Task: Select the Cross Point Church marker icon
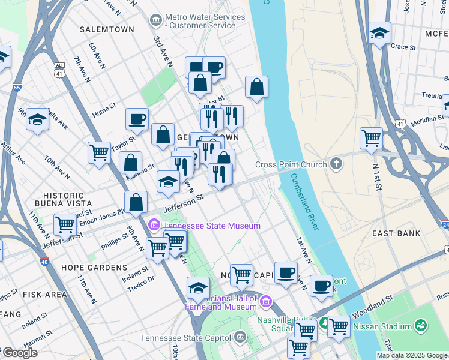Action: (337, 163)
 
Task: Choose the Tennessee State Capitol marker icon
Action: (241, 337)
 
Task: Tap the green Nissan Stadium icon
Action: (421, 326)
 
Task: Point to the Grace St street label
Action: (403, 47)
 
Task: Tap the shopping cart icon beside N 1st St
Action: (372, 137)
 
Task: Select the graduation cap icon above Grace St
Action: (379, 34)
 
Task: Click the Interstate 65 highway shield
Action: (17, 88)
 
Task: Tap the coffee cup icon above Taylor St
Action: (137, 118)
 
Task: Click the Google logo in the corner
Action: (19, 353)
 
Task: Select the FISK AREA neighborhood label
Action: (44, 295)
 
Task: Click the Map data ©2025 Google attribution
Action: (412, 355)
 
